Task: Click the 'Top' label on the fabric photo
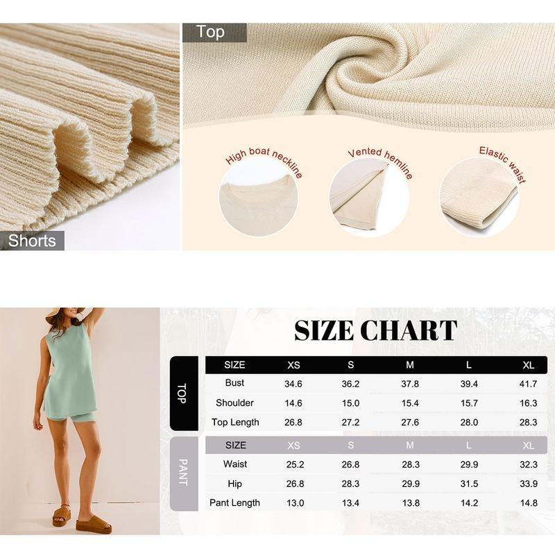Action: click(x=210, y=32)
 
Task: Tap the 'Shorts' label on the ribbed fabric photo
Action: click(x=32, y=241)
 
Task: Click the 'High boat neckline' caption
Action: click(x=264, y=163)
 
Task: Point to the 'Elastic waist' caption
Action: click(x=502, y=164)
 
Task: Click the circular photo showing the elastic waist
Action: click(x=479, y=197)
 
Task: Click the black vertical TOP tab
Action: click(x=182, y=393)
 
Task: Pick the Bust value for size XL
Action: click(x=529, y=384)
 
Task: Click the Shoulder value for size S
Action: click(x=351, y=403)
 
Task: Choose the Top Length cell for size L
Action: click(x=469, y=422)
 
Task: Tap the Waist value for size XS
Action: click(x=293, y=464)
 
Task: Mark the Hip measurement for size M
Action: click(x=410, y=484)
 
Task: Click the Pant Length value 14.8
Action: click(x=529, y=503)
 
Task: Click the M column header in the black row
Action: click(x=410, y=365)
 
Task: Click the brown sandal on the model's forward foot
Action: click(x=94, y=524)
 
